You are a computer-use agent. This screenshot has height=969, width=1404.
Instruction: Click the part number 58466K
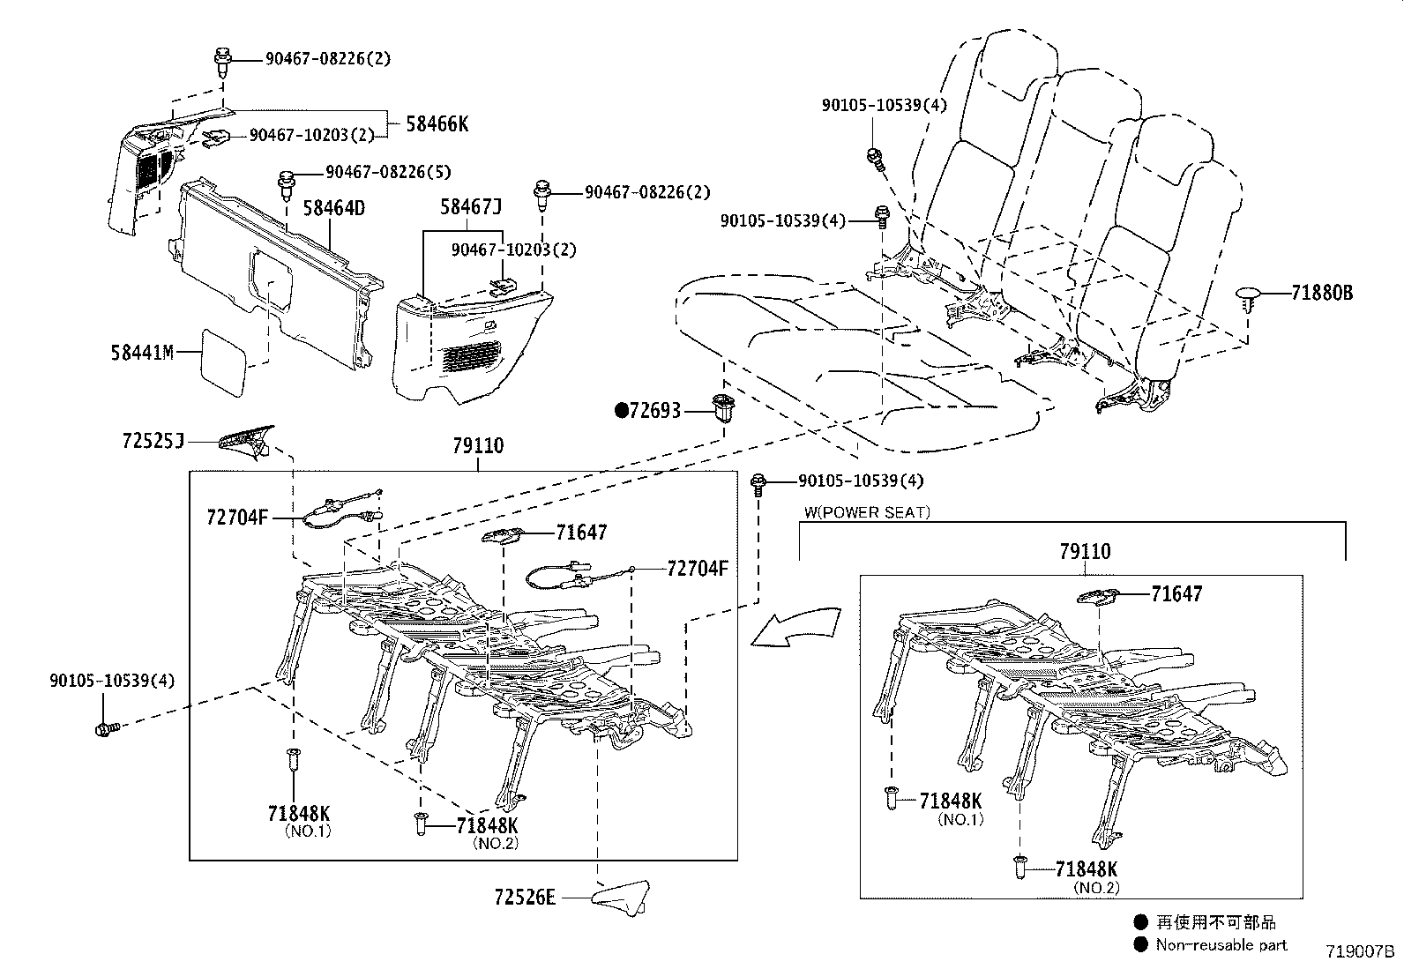[437, 124]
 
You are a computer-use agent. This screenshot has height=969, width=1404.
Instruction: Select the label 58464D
[333, 208]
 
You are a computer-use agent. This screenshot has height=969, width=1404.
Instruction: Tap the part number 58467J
[471, 207]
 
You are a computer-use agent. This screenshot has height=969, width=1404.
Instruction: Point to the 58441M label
[142, 354]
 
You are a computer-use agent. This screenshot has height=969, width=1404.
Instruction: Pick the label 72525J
[153, 439]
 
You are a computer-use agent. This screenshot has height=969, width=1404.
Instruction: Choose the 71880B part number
[1321, 294]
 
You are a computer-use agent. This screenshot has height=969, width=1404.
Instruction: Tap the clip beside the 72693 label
[724, 409]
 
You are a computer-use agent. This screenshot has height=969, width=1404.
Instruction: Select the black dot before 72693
[621, 410]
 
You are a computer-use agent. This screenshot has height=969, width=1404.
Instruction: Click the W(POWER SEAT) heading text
[867, 512]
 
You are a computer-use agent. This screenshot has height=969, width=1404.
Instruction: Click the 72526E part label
[526, 898]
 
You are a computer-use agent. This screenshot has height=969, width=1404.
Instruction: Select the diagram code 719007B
[1359, 952]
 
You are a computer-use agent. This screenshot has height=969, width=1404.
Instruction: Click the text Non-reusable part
[1222, 945]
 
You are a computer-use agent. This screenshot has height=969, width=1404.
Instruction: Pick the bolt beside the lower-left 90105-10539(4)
[105, 728]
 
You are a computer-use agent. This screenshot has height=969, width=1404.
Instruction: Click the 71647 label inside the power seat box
[1176, 594]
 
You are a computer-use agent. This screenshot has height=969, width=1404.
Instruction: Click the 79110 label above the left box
[478, 446]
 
